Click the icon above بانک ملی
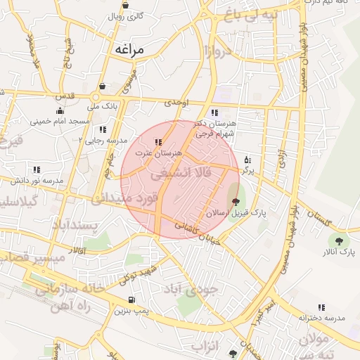[x=103, y=86]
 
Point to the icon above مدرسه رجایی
[x=103, y=129]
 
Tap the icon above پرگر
[x=246, y=160]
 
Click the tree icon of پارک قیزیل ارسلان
[x=235, y=202]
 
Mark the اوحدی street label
[x=177, y=102]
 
